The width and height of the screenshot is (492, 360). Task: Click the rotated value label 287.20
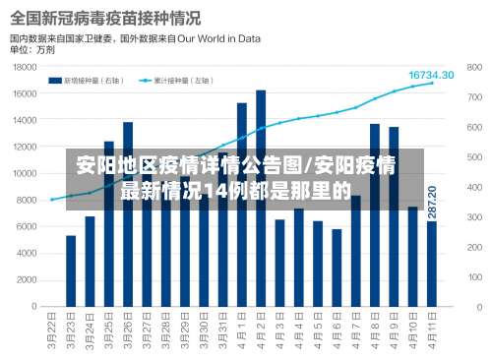click(432, 202)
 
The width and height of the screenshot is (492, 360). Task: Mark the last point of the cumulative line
click(432, 84)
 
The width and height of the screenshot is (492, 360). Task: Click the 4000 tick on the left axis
click(27, 253)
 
